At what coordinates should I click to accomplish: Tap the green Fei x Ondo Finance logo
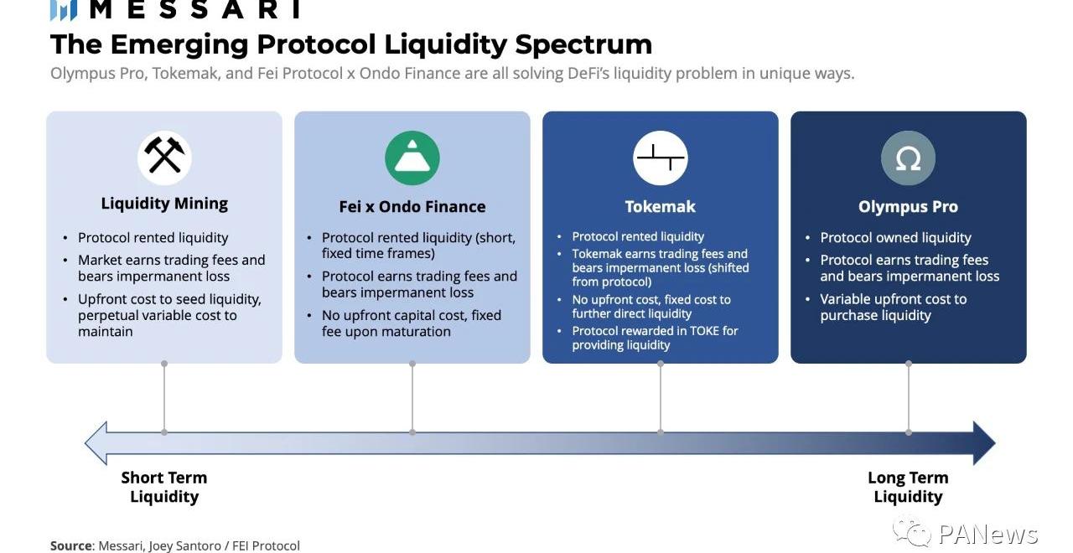click(412, 158)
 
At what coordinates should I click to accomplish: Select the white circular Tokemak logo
click(660, 158)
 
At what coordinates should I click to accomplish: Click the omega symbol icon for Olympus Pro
click(908, 158)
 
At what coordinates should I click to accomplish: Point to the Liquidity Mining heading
click(164, 204)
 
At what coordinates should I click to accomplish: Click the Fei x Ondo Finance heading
click(412, 206)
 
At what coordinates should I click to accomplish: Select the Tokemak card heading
click(660, 206)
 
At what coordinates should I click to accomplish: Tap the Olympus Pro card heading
click(908, 206)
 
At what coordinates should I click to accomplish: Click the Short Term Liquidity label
click(164, 487)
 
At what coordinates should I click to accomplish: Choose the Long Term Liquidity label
click(908, 487)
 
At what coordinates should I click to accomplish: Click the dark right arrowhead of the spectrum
click(984, 443)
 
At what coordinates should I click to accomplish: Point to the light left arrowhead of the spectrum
click(96, 443)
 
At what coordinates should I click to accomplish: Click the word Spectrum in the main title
click(583, 44)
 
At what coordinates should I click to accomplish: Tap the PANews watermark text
click(987, 534)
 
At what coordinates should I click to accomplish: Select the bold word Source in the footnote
click(71, 545)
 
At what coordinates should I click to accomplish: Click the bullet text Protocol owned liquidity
click(895, 237)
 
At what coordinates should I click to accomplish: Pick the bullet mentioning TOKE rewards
click(655, 338)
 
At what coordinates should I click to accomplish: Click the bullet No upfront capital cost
click(412, 323)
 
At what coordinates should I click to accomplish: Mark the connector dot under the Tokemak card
click(660, 364)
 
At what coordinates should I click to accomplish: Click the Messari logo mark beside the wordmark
click(64, 9)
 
